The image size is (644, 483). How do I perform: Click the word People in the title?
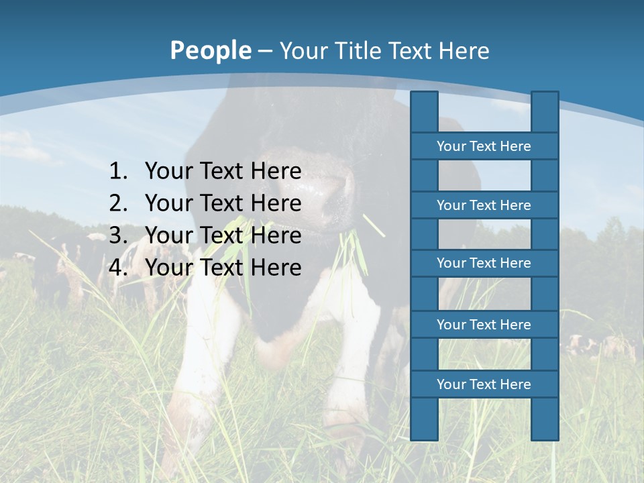click(209, 50)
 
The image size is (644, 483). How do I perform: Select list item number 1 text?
click(223, 171)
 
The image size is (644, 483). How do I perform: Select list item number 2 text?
click(223, 203)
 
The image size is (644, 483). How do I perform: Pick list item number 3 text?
click(223, 235)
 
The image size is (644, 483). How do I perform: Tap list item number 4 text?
click(223, 268)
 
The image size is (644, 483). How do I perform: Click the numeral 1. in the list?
click(118, 171)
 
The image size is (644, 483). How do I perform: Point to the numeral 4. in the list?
click(118, 268)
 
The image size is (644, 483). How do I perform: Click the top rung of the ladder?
click(484, 146)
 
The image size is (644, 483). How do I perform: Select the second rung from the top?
click(484, 205)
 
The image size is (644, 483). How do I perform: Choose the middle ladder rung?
click(484, 263)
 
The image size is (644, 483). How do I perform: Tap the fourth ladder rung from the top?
click(484, 325)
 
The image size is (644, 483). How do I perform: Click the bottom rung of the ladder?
click(484, 384)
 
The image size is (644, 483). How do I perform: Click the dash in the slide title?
click(265, 50)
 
